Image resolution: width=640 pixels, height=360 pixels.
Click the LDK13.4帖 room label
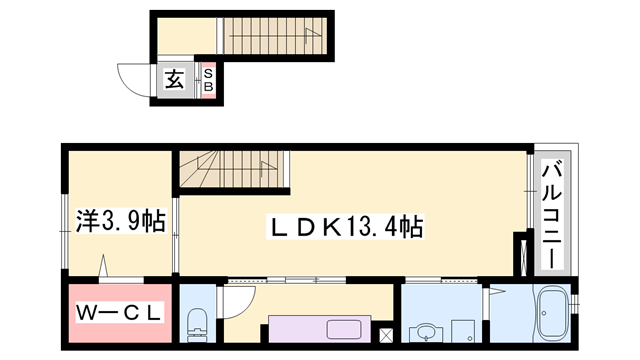click(x=345, y=227)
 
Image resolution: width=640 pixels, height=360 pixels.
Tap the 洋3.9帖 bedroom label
click(x=121, y=221)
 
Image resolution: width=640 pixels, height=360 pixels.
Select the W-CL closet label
click(x=119, y=313)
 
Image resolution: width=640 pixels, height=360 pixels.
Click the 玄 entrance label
click(x=174, y=80)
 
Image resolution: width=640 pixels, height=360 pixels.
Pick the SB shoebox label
click(x=208, y=80)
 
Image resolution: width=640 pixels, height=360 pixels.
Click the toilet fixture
click(x=197, y=325)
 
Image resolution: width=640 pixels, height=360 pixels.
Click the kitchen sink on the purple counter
click(x=344, y=329)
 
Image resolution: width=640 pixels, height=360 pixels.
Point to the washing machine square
click(x=463, y=331)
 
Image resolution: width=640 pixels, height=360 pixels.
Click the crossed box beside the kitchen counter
click(x=386, y=336)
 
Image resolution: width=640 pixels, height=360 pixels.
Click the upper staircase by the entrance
click(x=276, y=36)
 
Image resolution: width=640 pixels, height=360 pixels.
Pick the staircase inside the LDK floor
click(x=232, y=169)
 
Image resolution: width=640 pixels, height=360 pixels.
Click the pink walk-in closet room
click(x=120, y=313)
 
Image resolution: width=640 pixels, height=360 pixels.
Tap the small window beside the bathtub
click(x=575, y=304)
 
